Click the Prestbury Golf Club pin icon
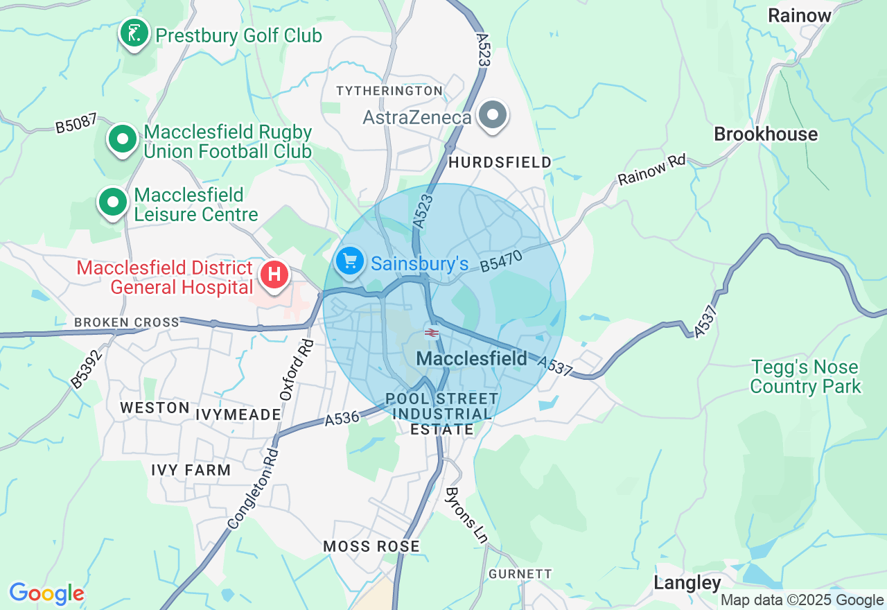[134, 33]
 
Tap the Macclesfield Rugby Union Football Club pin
[123, 139]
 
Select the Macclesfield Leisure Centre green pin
[113, 203]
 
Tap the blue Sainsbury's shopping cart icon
[350, 262]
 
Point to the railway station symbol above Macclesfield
[432, 333]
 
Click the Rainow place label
[799, 15]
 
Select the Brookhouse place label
[766, 134]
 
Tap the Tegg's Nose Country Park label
[805, 376]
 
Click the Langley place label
[687, 583]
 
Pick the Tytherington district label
[389, 91]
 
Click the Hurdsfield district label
[500, 162]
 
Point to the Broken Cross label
[126, 322]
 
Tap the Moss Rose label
[371, 546]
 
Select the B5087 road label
[76, 124]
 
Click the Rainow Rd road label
[651, 170]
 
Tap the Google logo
[46, 593]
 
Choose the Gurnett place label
[520, 574]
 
